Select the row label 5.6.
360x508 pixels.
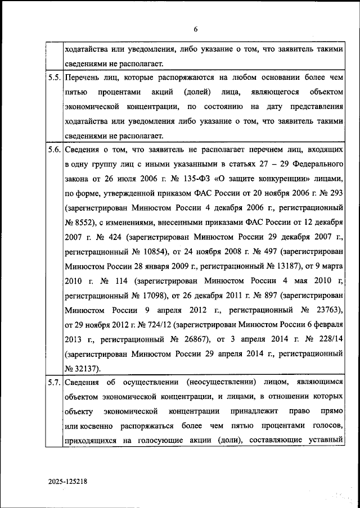55,150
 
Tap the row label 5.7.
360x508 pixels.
55,383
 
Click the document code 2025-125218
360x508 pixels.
67,482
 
